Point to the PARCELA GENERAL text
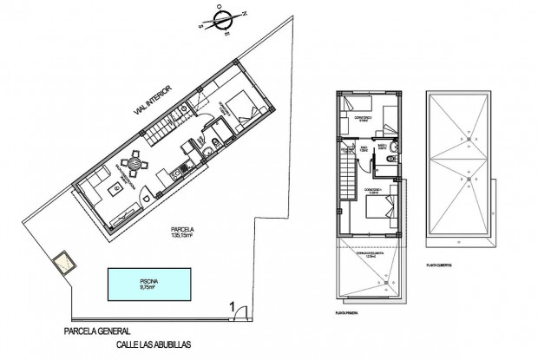point(97,331)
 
